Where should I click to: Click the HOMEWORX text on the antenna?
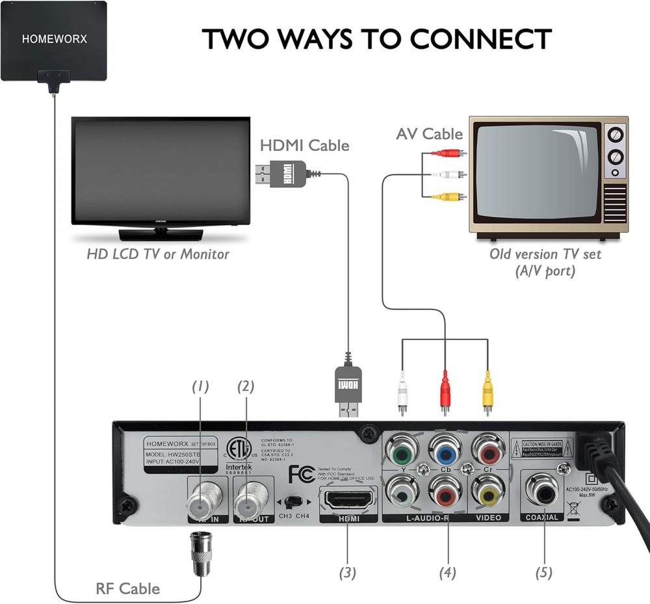pyautogui.click(x=54, y=38)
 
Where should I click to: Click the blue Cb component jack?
pyautogui.click(x=445, y=450)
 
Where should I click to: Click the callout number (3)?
pyautogui.click(x=348, y=573)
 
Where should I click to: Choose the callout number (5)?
pyautogui.click(x=543, y=573)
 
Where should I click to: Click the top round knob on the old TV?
pyautogui.click(x=614, y=135)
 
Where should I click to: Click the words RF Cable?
pyautogui.click(x=127, y=588)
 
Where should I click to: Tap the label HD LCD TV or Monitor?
pyautogui.click(x=158, y=254)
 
